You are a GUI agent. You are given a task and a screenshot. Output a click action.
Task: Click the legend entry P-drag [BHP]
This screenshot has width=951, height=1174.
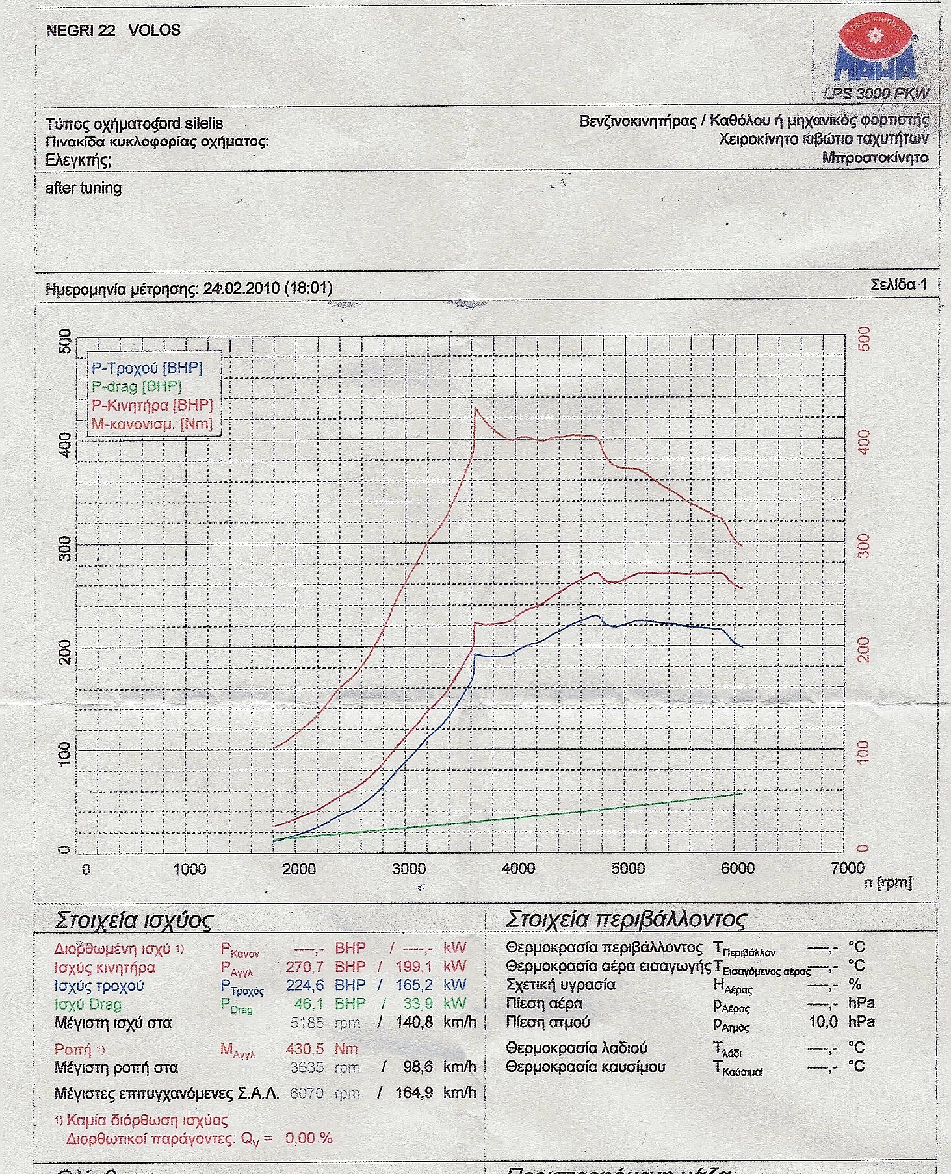[x=137, y=387]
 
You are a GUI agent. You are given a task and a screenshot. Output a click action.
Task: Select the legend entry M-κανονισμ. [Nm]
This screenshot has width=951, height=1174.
[x=152, y=424]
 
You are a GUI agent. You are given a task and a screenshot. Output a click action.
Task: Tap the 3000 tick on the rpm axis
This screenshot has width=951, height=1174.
[x=409, y=869]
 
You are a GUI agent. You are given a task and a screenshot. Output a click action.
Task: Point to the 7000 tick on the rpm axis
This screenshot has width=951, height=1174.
[x=848, y=869]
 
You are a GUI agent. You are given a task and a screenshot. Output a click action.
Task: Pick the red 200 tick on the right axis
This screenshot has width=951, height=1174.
[x=863, y=648]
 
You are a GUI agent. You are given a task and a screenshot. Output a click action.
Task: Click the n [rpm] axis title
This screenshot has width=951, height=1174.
[x=888, y=883]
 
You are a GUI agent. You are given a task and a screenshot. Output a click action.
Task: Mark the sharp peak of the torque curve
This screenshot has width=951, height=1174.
[x=475, y=408]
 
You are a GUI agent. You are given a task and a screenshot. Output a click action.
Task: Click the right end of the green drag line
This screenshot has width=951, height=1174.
[x=741, y=793]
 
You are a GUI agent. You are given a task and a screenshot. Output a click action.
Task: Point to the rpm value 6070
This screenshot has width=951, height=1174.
[x=307, y=1093]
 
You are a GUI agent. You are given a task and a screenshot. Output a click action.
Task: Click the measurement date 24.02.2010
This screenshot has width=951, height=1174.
[x=241, y=288]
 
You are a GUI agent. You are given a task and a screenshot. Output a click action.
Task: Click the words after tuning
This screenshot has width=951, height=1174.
[x=83, y=188]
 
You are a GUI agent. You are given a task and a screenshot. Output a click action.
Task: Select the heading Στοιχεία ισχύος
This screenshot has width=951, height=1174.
[x=134, y=921]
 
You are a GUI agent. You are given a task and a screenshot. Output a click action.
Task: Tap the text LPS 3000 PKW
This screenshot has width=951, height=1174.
[x=876, y=94]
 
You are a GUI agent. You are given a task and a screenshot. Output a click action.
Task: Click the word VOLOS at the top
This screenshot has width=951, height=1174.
[x=155, y=30]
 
